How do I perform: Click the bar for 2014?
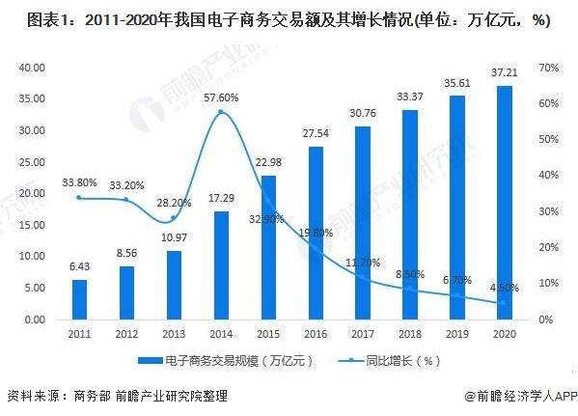click(221, 264)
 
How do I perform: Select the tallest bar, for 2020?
click(504, 202)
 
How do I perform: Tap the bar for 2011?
click(79, 299)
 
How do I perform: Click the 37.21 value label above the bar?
click(504, 73)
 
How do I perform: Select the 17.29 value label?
click(221, 199)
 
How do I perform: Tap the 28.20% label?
click(174, 203)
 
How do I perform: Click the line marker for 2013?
click(174, 218)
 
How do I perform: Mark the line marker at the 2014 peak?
click(221, 112)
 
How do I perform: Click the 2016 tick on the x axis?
click(316, 333)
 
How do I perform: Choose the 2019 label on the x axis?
click(456, 333)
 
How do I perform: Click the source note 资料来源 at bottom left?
click(35, 396)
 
